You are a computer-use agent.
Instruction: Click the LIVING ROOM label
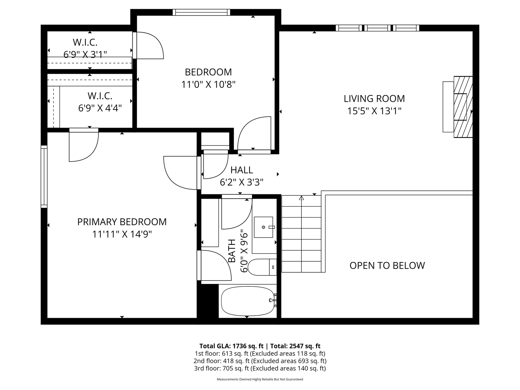click(x=374, y=98)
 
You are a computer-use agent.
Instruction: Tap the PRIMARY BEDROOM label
click(x=122, y=222)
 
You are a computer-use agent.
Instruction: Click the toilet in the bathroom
click(x=262, y=267)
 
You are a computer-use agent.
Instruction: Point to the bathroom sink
click(x=264, y=227)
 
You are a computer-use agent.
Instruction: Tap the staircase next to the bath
click(x=301, y=234)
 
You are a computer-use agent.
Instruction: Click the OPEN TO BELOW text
click(x=387, y=265)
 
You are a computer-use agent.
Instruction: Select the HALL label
click(x=242, y=170)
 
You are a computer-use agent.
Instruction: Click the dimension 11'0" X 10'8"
click(x=209, y=84)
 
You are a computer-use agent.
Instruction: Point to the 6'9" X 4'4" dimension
click(x=100, y=108)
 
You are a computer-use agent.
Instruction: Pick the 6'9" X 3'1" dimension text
click(x=85, y=55)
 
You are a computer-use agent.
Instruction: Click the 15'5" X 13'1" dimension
click(x=374, y=111)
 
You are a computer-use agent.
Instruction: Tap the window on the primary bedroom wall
click(x=44, y=177)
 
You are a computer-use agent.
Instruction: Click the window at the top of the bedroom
click(x=201, y=12)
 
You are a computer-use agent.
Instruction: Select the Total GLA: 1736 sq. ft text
click(x=231, y=346)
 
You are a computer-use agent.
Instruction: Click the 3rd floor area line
click(x=260, y=368)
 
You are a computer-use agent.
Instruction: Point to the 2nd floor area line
click(x=260, y=361)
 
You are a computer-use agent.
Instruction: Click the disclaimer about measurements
click(x=260, y=379)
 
